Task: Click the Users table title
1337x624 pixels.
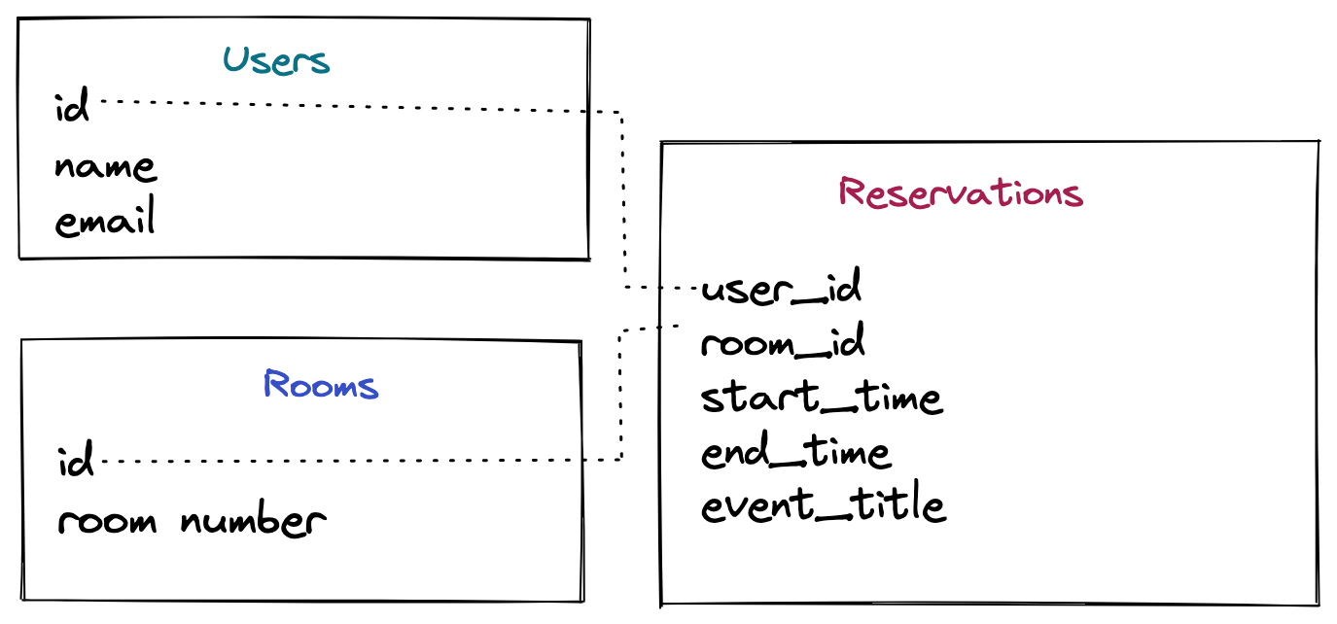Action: click(276, 61)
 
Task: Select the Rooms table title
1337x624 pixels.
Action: click(320, 385)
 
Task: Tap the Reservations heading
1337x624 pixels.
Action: click(960, 192)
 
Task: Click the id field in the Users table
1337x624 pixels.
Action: click(72, 107)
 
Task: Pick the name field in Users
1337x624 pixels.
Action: click(105, 167)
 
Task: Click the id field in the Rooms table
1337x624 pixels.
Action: click(76, 461)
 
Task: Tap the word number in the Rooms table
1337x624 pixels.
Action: click(253, 521)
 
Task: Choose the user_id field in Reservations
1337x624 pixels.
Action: click(781, 289)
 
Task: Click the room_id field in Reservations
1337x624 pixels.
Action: click(783, 343)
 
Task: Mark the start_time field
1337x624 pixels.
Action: click(821, 398)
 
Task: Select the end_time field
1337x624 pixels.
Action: click(794, 452)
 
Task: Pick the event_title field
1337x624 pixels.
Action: click(823, 505)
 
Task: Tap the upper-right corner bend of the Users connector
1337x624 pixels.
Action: click(621, 114)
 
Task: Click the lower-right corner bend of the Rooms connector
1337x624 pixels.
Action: click(620, 459)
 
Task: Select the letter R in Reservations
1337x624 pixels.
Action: click(853, 191)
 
